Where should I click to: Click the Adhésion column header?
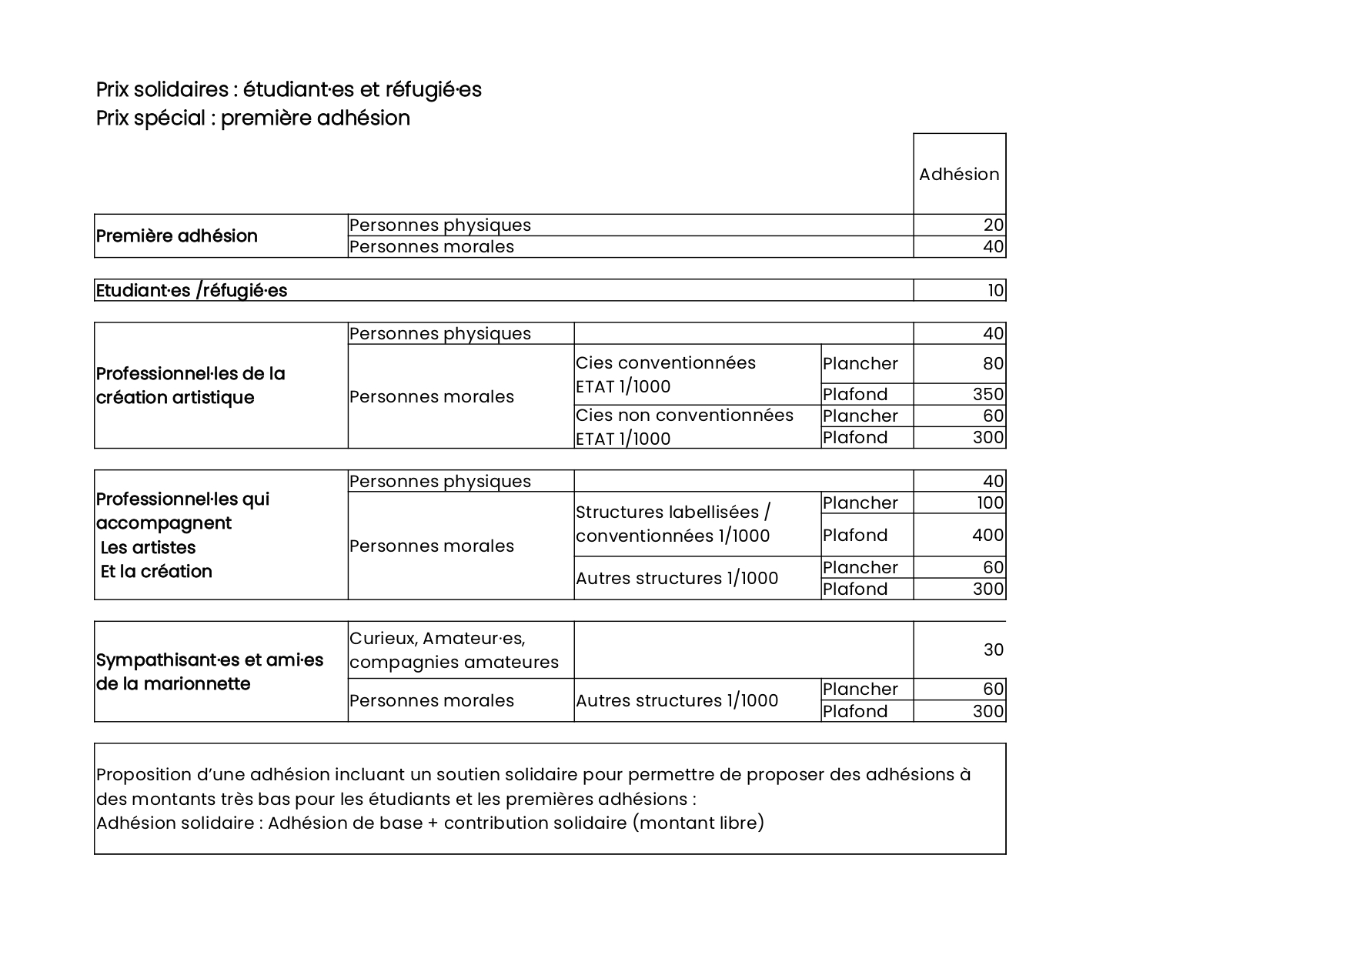[x=958, y=174]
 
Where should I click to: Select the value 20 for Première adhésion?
[x=993, y=225]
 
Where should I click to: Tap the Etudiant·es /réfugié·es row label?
[x=191, y=290]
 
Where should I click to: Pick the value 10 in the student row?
[x=995, y=290]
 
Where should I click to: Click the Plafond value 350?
[x=987, y=394]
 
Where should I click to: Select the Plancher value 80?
[x=993, y=363]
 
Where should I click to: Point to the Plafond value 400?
[x=987, y=535]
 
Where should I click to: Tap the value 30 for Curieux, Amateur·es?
[x=993, y=649]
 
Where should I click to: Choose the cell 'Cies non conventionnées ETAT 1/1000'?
[x=684, y=426]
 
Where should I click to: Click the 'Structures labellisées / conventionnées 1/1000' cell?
[x=673, y=523]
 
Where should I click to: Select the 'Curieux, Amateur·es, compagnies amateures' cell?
[x=453, y=649]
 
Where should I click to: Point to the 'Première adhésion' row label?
[x=176, y=235]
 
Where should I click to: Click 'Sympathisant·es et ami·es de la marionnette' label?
[x=209, y=671]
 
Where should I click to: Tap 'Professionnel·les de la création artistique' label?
[x=190, y=385]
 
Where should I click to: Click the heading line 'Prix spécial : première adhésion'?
[x=252, y=118]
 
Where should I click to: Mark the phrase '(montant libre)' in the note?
[x=698, y=823]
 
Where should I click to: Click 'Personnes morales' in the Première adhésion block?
[x=431, y=246]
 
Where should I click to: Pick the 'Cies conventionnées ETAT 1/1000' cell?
[x=665, y=374]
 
